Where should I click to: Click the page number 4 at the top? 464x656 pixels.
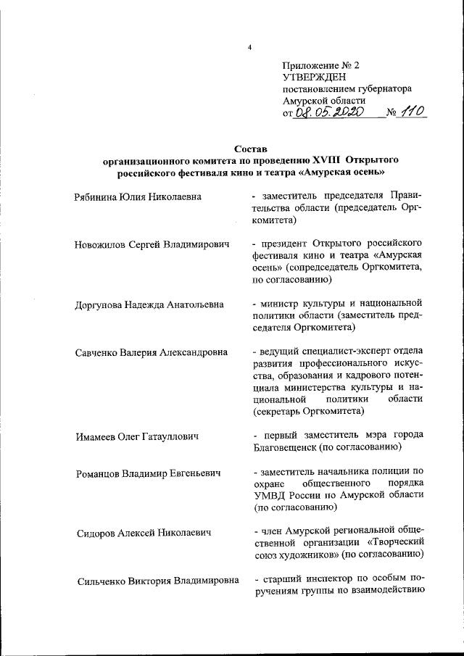click(249, 48)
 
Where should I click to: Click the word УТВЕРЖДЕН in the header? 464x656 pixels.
click(315, 76)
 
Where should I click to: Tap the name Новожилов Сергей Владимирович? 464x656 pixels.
click(152, 245)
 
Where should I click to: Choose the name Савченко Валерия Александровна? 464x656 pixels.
click(154, 353)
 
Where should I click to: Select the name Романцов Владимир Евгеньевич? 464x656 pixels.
click(149, 474)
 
